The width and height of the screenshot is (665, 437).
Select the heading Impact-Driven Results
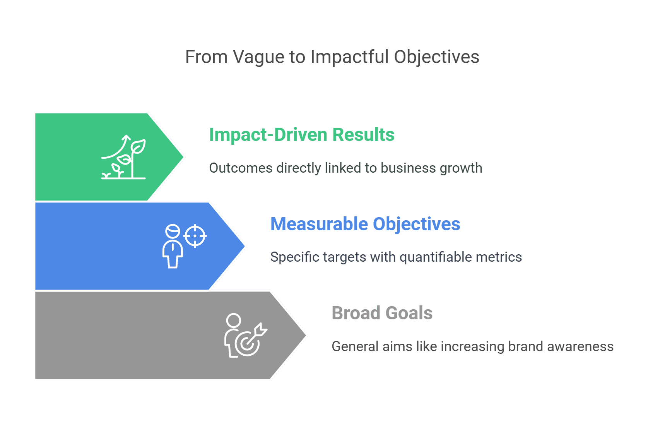tap(302, 135)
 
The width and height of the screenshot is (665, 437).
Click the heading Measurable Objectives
tap(365, 224)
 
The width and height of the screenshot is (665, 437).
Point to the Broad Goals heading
tap(382, 313)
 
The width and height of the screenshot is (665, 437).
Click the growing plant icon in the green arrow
tap(124, 157)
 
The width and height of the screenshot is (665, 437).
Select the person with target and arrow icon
tap(246, 335)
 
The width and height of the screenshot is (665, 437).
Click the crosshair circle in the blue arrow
tap(195, 236)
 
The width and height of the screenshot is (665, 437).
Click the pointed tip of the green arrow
tap(183, 157)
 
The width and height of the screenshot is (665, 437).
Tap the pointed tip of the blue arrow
tap(245, 246)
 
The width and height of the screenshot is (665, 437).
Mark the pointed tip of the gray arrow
tap(306, 335)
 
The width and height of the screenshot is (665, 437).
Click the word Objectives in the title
tap(437, 58)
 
